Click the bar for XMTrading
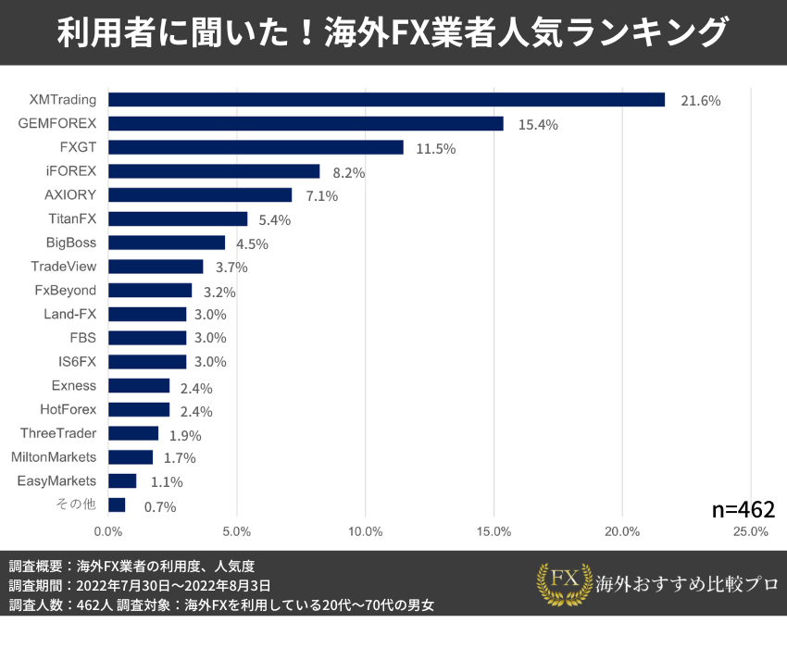click(x=386, y=100)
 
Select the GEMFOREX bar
click(x=306, y=124)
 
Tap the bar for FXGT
click(x=256, y=147)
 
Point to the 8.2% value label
click(x=349, y=172)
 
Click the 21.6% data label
click(x=700, y=101)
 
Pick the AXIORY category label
click(x=70, y=195)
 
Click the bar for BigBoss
click(x=167, y=243)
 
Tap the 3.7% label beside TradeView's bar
click(x=232, y=268)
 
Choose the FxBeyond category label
click(x=66, y=291)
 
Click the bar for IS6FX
click(x=147, y=362)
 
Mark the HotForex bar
click(x=139, y=409)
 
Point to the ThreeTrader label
click(x=58, y=433)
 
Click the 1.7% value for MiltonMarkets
click(x=180, y=458)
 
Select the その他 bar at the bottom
click(x=117, y=505)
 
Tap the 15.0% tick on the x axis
click(x=493, y=531)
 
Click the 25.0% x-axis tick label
click(x=750, y=531)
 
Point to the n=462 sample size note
click(x=743, y=509)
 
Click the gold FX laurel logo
click(x=564, y=583)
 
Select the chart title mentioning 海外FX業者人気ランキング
click(x=393, y=33)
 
